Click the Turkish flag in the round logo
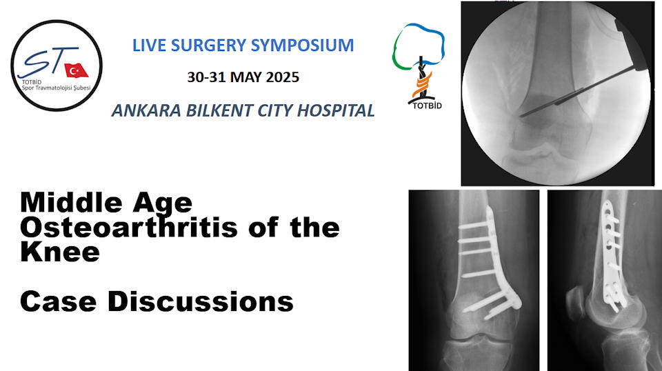pyautogui.click(x=76, y=70)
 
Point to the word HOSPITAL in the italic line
pyautogui.click(x=336, y=110)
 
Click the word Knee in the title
pyautogui.click(x=60, y=252)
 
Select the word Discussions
pyautogui.click(x=200, y=302)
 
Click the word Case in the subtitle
pyautogui.click(x=58, y=302)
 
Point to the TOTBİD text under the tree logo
pyautogui.click(x=427, y=106)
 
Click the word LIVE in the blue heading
pyautogui.click(x=148, y=45)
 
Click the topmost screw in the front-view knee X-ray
pyautogui.click(x=475, y=225)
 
